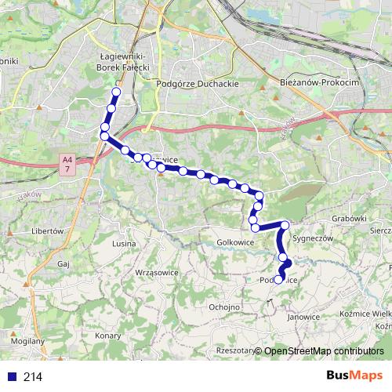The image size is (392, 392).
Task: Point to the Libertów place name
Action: pyautogui.click(x=46, y=231)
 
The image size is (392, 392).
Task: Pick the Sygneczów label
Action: pyautogui.click(x=313, y=237)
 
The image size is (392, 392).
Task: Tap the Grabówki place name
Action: pyautogui.click(x=349, y=219)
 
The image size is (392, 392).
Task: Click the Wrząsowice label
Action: pyautogui.click(x=157, y=271)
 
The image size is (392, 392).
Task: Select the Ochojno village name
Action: pyautogui.click(x=225, y=307)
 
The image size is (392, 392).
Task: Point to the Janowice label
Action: pyautogui.click(x=303, y=317)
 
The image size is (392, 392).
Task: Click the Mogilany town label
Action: pyautogui.click(x=28, y=342)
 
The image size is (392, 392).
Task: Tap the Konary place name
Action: pyautogui.click(x=107, y=335)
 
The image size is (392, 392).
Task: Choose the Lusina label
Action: pyautogui.click(x=125, y=245)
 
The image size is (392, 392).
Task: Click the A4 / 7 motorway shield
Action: pyautogui.click(x=67, y=163)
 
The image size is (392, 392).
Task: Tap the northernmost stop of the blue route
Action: pyautogui.click(x=116, y=93)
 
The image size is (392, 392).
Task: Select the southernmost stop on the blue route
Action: pyautogui.click(x=278, y=280)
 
